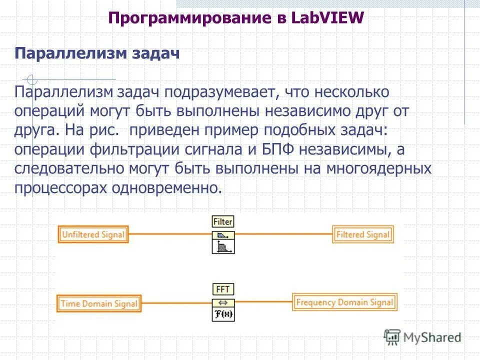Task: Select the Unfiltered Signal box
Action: [92, 234]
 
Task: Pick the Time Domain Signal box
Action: [98, 303]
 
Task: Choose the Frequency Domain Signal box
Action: [344, 302]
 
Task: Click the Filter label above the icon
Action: [223, 221]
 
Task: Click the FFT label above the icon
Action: [223, 289]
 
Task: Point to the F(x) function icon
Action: [223, 314]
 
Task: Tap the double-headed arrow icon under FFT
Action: [223, 302]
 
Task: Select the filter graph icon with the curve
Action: [223, 246]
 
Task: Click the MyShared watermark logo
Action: [422, 337]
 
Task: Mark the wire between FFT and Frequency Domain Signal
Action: [263, 302]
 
